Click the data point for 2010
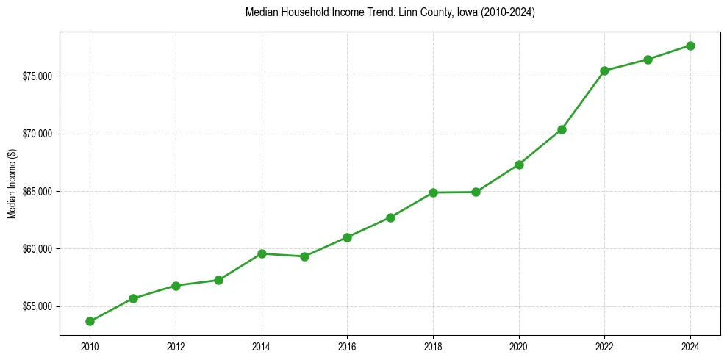pos(90,321)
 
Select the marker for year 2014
pos(262,253)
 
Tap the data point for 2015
pos(304,256)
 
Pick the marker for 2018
pos(433,192)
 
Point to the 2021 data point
pos(562,129)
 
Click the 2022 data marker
pos(604,71)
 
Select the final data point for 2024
pos(690,46)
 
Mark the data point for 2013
pos(218,280)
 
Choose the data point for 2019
pos(476,192)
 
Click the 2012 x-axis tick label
pos(176,347)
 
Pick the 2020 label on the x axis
pos(519,347)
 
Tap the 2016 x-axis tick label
pos(347,347)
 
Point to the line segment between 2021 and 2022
pos(583,100)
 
